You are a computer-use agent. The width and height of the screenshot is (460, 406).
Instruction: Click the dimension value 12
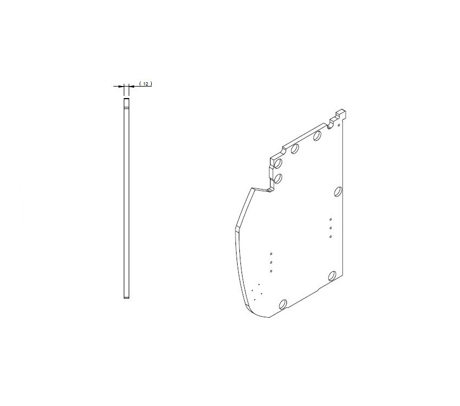pyautogui.click(x=146, y=83)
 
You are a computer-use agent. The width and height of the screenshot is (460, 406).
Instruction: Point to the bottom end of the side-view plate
pyautogui.click(x=127, y=298)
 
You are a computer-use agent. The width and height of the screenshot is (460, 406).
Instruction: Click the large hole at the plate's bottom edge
pyautogui.click(x=283, y=304)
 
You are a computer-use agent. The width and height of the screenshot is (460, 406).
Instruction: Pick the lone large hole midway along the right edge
pyautogui.click(x=338, y=192)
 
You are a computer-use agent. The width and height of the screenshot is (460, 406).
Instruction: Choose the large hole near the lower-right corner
pyautogui.click(x=332, y=276)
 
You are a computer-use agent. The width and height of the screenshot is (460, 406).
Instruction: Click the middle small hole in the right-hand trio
pyautogui.click(x=331, y=228)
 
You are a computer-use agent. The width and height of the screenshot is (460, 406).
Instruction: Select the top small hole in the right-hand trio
pyautogui.click(x=331, y=220)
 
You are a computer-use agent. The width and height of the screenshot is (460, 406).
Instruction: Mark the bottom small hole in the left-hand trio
pyautogui.click(x=271, y=271)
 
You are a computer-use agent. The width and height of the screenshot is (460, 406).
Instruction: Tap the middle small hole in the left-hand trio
pyautogui.click(x=271, y=262)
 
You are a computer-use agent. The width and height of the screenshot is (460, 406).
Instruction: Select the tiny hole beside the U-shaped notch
pyautogui.click(x=340, y=124)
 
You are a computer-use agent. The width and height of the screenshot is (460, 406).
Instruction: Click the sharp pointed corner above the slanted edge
pyautogui.click(x=252, y=188)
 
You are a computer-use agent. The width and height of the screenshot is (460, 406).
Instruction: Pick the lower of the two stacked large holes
pyautogui.click(x=278, y=178)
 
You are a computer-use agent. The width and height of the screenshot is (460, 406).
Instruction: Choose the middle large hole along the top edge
pyautogui.click(x=295, y=148)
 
